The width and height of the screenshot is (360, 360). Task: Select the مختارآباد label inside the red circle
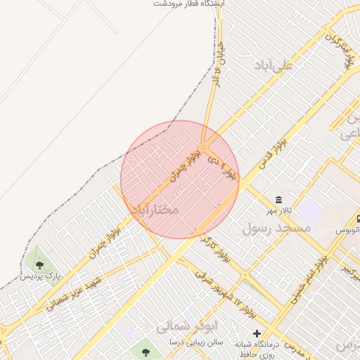155,210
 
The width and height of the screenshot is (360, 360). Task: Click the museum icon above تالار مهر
279,200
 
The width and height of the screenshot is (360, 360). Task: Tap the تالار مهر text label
278,211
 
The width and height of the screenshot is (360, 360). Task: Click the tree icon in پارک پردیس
39,265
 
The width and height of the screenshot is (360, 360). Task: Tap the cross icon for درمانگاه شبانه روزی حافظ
257,333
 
